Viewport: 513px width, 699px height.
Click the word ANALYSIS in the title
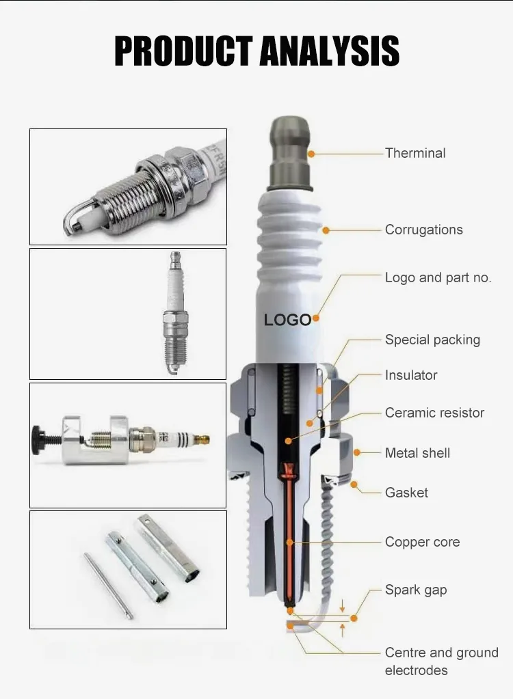click(x=329, y=51)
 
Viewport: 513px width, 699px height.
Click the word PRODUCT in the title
click(x=183, y=51)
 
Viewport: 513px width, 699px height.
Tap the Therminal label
click(x=415, y=153)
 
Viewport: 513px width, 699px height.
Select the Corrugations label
click(x=424, y=230)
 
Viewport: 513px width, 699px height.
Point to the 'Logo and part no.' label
click(x=438, y=277)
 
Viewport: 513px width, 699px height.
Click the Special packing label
click(x=432, y=340)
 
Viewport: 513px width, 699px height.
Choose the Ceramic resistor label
click(x=434, y=413)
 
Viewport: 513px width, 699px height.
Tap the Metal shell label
click(x=417, y=453)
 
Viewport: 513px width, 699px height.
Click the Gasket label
click(x=406, y=493)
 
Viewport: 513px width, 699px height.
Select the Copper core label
click(x=422, y=542)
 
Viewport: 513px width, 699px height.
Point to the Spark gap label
click(x=416, y=590)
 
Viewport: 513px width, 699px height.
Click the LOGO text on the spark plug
click(x=287, y=320)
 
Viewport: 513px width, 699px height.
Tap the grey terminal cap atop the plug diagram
click(x=291, y=154)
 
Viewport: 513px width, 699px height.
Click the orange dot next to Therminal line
click(x=311, y=154)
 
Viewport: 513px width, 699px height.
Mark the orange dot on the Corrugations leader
click(x=326, y=230)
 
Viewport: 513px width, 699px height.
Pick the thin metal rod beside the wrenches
click(x=108, y=586)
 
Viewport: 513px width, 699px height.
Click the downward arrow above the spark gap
click(x=342, y=606)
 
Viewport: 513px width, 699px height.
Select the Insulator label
click(x=411, y=375)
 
